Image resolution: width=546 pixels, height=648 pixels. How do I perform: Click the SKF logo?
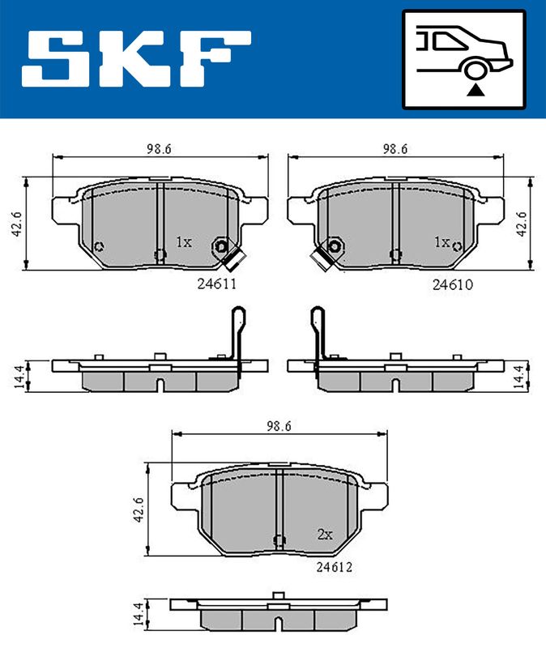(136, 58)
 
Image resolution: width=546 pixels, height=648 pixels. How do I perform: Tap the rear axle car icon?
(464, 60)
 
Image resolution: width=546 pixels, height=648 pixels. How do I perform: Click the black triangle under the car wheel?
(476, 90)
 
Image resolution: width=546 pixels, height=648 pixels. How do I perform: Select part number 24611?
(216, 284)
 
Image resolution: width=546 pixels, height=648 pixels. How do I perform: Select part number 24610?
(453, 285)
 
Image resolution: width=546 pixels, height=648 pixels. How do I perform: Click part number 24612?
(335, 567)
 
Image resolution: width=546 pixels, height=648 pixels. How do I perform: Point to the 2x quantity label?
(325, 535)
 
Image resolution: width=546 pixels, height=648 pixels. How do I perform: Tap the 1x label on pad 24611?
(184, 241)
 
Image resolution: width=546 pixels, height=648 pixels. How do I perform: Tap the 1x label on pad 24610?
(441, 241)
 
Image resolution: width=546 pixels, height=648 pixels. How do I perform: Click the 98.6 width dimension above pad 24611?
(159, 149)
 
